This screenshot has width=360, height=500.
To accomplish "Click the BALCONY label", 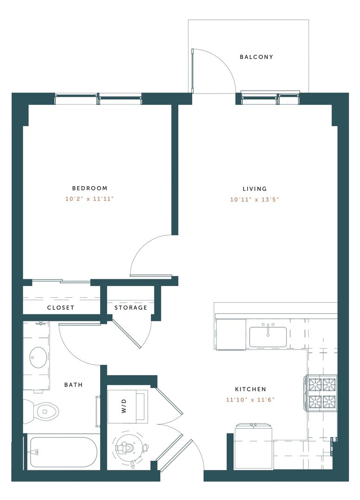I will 256,57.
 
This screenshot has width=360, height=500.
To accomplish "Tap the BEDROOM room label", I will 89,188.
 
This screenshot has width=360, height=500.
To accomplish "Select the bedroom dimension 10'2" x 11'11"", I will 89,200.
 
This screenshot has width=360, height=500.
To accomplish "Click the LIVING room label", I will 255,189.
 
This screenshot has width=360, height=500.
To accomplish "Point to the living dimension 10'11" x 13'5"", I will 255,200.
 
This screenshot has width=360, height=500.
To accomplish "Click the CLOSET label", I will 61,307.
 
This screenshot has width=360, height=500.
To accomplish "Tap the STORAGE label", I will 131,307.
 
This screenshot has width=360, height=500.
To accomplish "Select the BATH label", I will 74,385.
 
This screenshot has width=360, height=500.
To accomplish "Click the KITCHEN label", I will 250,389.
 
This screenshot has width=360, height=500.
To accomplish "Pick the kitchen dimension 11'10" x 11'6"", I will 250,400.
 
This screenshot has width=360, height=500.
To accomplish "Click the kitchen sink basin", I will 268,337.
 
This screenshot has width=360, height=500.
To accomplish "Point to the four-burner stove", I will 322,392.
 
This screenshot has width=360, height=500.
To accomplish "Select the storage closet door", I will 128,333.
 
